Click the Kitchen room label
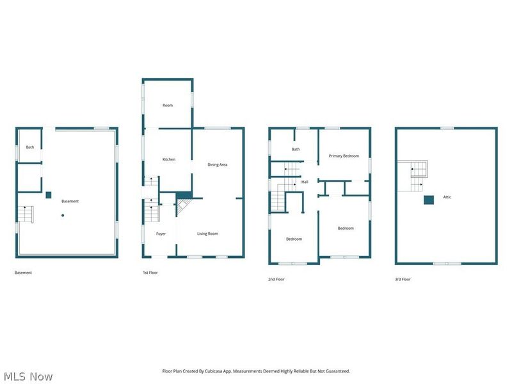click(x=169, y=159)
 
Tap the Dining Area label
click(x=218, y=164)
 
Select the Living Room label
click(x=207, y=234)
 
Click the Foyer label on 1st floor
click(x=161, y=234)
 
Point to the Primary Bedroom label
click(x=344, y=156)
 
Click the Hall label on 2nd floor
click(x=305, y=182)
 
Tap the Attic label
click(x=447, y=197)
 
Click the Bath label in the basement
click(x=30, y=147)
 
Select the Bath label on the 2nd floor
click(x=296, y=150)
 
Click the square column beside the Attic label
click(x=428, y=200)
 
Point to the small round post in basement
click(x=63, y=215)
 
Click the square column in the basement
click(x=48, y=195)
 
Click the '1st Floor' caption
click(x=151, y=273)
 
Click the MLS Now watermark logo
click(x=29, y=376)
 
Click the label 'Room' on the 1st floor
click(x=168, y=105)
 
